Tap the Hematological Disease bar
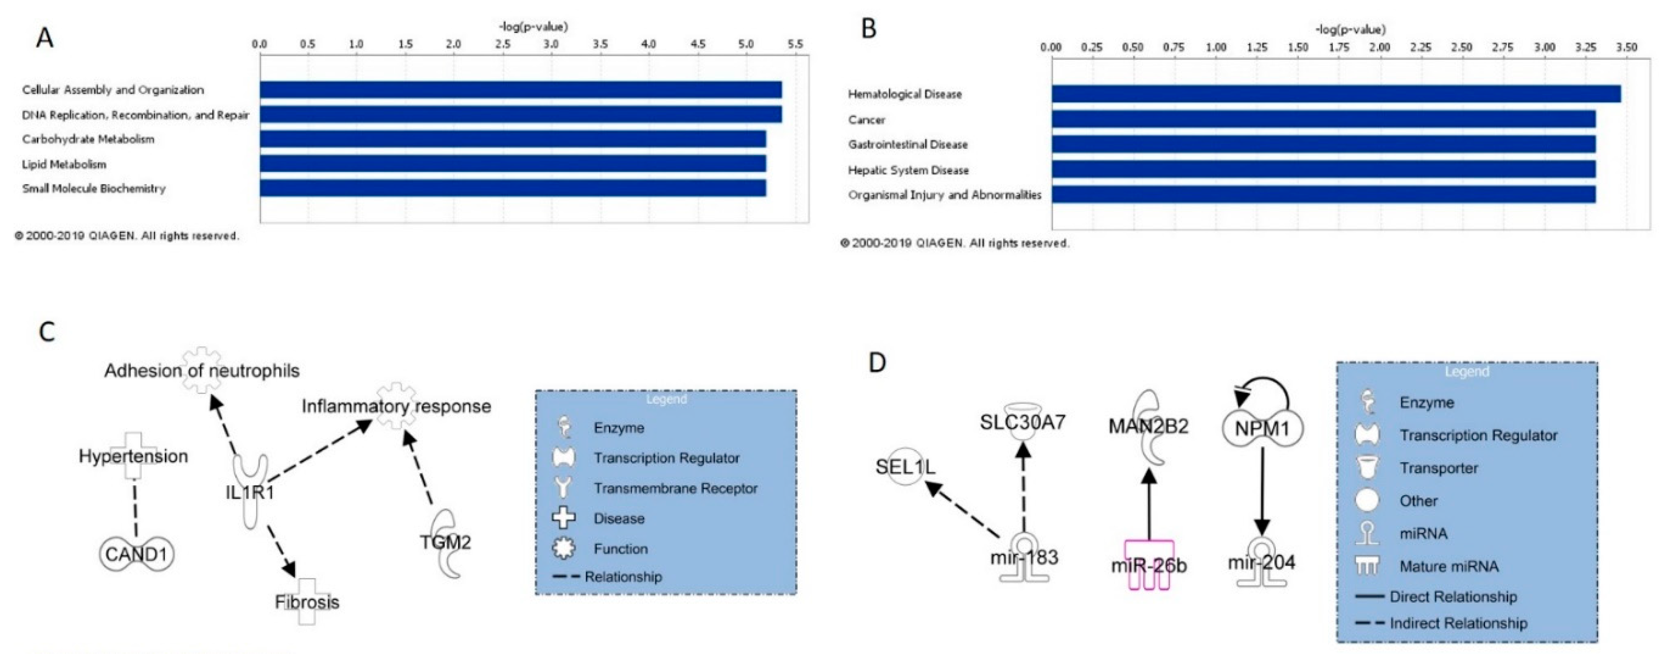1336,94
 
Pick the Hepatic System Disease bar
1323,170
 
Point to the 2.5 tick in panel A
503,44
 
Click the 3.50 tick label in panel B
1626,47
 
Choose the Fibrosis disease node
307,602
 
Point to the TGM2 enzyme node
446,542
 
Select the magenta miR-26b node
1149,565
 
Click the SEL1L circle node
905,467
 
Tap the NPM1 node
1262,428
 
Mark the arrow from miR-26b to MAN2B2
1149,505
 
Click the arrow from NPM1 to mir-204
1262,492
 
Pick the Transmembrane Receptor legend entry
675,488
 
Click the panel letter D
877,363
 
